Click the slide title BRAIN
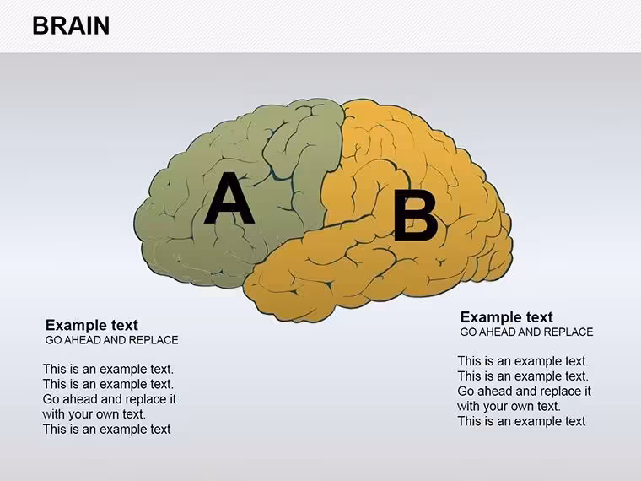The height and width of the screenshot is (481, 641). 71,25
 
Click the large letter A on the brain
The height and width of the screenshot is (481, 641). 229,198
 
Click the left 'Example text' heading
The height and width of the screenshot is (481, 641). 92,325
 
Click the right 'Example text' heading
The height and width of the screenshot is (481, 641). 507,317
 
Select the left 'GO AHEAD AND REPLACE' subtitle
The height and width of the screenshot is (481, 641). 111,340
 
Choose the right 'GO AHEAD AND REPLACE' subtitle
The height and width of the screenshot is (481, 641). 526,332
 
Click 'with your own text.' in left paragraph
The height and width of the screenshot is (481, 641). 94,414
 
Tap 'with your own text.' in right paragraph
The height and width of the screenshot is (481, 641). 509,406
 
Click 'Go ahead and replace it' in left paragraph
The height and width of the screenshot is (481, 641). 110,399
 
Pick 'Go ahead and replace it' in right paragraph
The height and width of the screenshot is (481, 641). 525,391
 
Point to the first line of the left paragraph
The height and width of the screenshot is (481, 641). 108,369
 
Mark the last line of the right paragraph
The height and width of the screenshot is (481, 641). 521,421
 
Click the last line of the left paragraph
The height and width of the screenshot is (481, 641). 107,429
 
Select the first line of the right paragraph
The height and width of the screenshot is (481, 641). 523,361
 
